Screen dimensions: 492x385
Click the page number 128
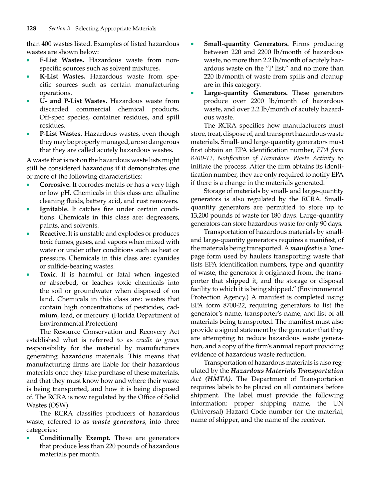31,29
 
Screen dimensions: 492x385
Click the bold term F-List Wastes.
62,60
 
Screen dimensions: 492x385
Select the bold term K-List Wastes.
63,77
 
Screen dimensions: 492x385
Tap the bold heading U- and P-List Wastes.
73,101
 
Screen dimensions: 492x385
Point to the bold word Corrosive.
55,185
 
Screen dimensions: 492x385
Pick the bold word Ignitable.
54,209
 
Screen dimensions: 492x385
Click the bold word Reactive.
53,234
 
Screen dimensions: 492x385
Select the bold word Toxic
48,275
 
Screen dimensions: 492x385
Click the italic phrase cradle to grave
158,340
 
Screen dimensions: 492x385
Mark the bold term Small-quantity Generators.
246,44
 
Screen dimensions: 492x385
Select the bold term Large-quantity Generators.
246,93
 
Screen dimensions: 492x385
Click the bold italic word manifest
303,248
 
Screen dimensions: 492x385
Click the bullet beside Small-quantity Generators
192,44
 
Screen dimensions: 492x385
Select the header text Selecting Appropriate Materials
116,29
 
